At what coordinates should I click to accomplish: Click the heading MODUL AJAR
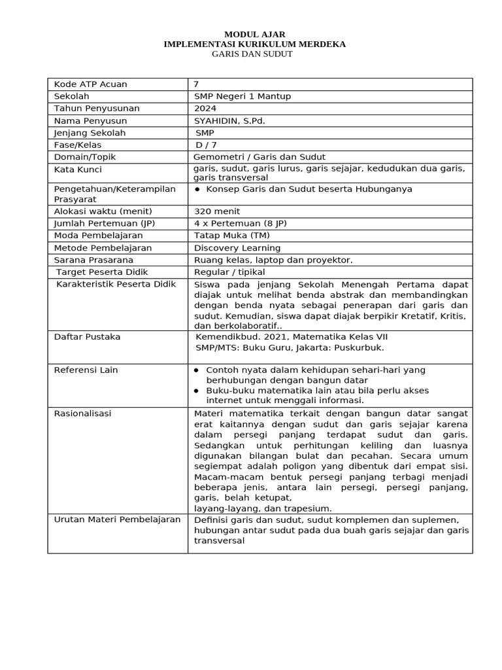click(254, 34)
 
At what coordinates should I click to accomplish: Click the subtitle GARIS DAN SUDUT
click(252, 54)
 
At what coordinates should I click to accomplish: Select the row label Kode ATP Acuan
click(90, 84)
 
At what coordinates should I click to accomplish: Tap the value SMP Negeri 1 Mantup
click(243, 96)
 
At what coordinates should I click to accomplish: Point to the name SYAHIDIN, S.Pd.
click(229, 121)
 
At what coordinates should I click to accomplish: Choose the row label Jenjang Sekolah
click(90, 133)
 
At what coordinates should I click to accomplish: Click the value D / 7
click(207, 145)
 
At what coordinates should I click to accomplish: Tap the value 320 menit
click(217, 211)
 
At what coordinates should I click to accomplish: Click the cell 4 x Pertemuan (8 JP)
click(241, 223)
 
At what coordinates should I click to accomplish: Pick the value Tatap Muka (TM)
click(232, 236)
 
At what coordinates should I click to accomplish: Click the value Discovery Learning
click(237, 248)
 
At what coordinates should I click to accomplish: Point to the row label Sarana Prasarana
click(93, 260)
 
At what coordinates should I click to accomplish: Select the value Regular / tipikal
click(230, 272)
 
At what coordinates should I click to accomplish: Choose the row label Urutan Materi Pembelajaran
click(117, 520)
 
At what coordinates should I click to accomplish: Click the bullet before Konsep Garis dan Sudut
click(197, 189)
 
